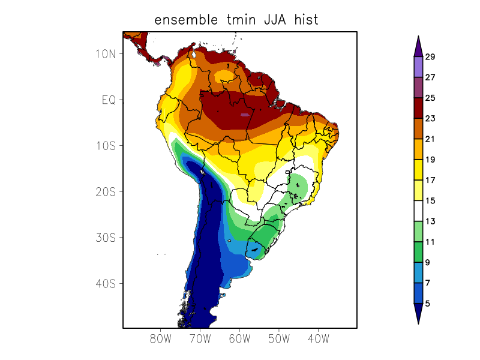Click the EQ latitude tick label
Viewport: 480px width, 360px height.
pyautogui.click(x=109, y=100)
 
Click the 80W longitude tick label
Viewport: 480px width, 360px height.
pyautogui.click(x=160, y=338)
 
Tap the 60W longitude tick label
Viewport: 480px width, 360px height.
pyautogui.click(x=239, y=338)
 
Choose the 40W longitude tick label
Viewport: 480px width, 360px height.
pyautogui.click(x=317, y=338)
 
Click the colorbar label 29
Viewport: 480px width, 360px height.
pyautogui.click(x=430, y=57)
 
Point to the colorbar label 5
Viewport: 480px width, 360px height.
pyautogui.click(x=427, y=304)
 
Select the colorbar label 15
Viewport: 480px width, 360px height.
pyautogui.click(x=430, y=201)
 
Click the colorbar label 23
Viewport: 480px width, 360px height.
pyautogui.click(x=430, y=119)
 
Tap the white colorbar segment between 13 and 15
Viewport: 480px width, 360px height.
pyautogui.click(x=418, y=211)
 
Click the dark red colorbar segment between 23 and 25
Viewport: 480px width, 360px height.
pyautogui.click(x=418, y=108)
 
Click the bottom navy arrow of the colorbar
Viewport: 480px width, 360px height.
pyautogui.click(x=418, y=313)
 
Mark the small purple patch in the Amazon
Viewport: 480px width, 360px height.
pyautogui.click(x=244, y=114)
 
